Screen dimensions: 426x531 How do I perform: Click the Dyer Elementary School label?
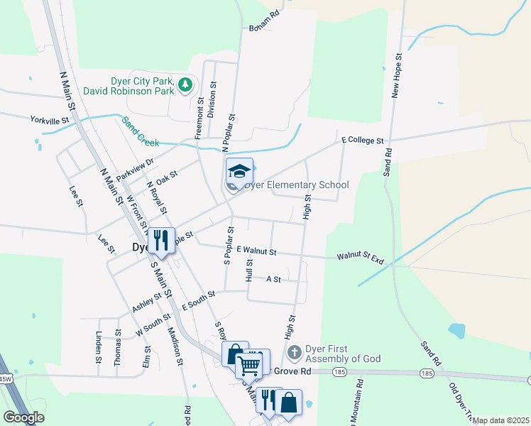click(x=297, y=185)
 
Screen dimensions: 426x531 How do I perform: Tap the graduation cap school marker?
click(x=240, y=171)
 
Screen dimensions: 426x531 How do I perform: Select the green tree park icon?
click(x=185, y=85)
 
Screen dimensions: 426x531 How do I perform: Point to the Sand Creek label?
click(x=139, y=127)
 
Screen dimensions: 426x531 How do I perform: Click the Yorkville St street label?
click(x=49, y=121)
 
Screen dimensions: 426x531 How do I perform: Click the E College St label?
click(x=362, y=141)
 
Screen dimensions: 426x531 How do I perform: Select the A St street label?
click(x=273, y=280)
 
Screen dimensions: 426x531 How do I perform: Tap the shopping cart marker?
click(x=249, y=365)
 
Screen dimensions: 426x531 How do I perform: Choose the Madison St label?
click(x=176, y=346)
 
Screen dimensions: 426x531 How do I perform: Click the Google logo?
click(x=23, y=417)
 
